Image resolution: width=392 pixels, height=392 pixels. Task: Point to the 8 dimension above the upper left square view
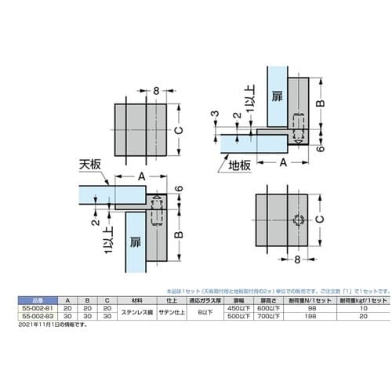[157, 91]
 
